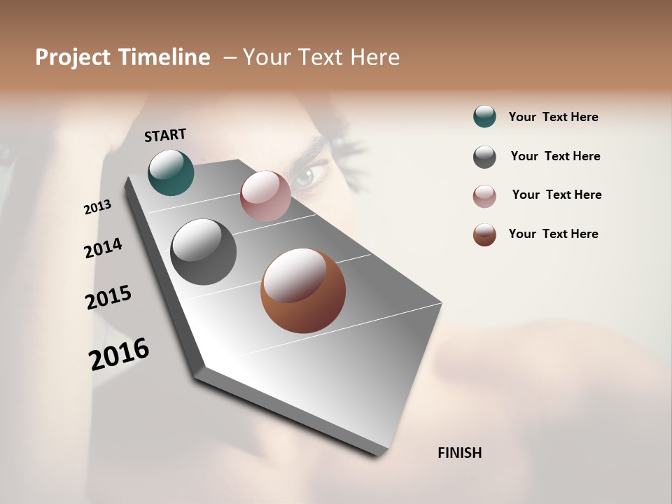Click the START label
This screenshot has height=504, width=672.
pyautogui.click(x=165, y=135)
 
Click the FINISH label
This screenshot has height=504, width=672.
pyautogui.click(x=459, y=453)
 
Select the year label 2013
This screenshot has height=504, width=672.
pyautogui.click(x=97, y=207)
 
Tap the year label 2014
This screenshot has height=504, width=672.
pyautogui.click(x=103, y=248)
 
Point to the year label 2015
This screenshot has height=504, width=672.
pyautogui.click(x=108, y=297)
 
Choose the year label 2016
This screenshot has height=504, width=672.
pyautogui.click(x=119, y=353)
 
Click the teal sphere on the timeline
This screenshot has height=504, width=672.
pyautogui.click(x=171, y=172)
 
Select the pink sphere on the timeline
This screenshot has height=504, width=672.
pyautogui.click(x=265, y=195)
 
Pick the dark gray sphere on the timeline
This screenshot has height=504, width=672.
pyautogui.click(x=203, y=252)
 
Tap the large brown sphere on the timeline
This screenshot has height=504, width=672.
pyautogui.click(x=303, y=290)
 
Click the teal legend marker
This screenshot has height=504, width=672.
pyautogui.click(x=484, y=116)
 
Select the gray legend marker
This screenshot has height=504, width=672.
pyautogui.click(x=484, y=157)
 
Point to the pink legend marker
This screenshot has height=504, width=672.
pyautogui.click(x=484, y=196)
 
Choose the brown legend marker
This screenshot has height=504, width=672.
pyautogui.click(x=484, y=234)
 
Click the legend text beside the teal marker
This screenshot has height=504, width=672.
pyautogui.click(x=553, y=117)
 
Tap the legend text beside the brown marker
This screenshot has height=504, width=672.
pyautogui.click(x=553, y=234)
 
